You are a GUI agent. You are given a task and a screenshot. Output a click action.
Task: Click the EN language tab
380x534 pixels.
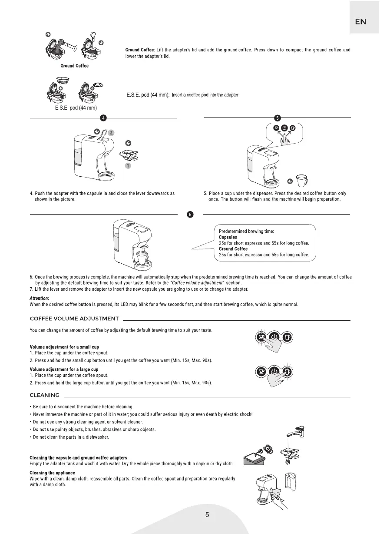(x=360, y=22)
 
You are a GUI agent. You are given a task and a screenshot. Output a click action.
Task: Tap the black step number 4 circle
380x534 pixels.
(x=103, y=118)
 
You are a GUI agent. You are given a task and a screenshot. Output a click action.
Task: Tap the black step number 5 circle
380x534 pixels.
(x=278, y=118)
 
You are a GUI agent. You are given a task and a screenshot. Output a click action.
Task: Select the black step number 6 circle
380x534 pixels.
(x=190, y=215)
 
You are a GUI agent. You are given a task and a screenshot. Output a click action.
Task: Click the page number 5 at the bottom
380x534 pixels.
(x=207, y=515)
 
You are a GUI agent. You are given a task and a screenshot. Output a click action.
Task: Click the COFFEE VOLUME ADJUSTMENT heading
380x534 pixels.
(x=74, y=319)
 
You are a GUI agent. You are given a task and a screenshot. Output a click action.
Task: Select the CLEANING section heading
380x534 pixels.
(x=44, y=395)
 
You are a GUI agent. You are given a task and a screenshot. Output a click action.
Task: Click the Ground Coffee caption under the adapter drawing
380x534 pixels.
(x=74, y=66)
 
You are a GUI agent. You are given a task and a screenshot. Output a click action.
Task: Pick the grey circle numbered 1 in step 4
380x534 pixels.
(x=128, y=165)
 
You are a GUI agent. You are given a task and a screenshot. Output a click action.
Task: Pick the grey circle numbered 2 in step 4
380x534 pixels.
(x=111, y=132)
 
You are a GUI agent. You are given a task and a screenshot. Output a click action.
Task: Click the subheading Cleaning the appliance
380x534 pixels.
(x=52, y=473)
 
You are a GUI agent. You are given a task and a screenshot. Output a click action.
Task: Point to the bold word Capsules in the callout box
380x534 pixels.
(x=228, y=238)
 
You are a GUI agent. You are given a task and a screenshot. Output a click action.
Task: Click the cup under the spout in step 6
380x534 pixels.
(x=142, y=255)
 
